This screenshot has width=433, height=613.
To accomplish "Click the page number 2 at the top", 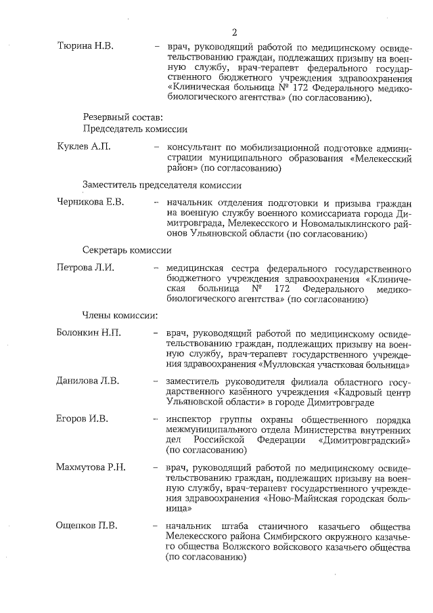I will [x=234, y=32].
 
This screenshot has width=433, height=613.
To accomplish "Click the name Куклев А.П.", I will [x=83, y=147].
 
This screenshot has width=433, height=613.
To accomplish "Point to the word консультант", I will [x=195, y=147].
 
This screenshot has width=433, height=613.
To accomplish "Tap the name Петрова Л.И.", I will [x=85, y=267].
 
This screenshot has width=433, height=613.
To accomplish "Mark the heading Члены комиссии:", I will [x=120, y=315].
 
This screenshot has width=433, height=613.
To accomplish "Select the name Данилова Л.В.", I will [x=87, y=381].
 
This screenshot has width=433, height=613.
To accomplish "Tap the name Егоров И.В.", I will [x=82, y=419].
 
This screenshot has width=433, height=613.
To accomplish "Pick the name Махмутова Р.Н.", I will [x=91, y=467].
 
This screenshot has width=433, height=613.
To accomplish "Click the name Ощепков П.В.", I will [x=86, y=526].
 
